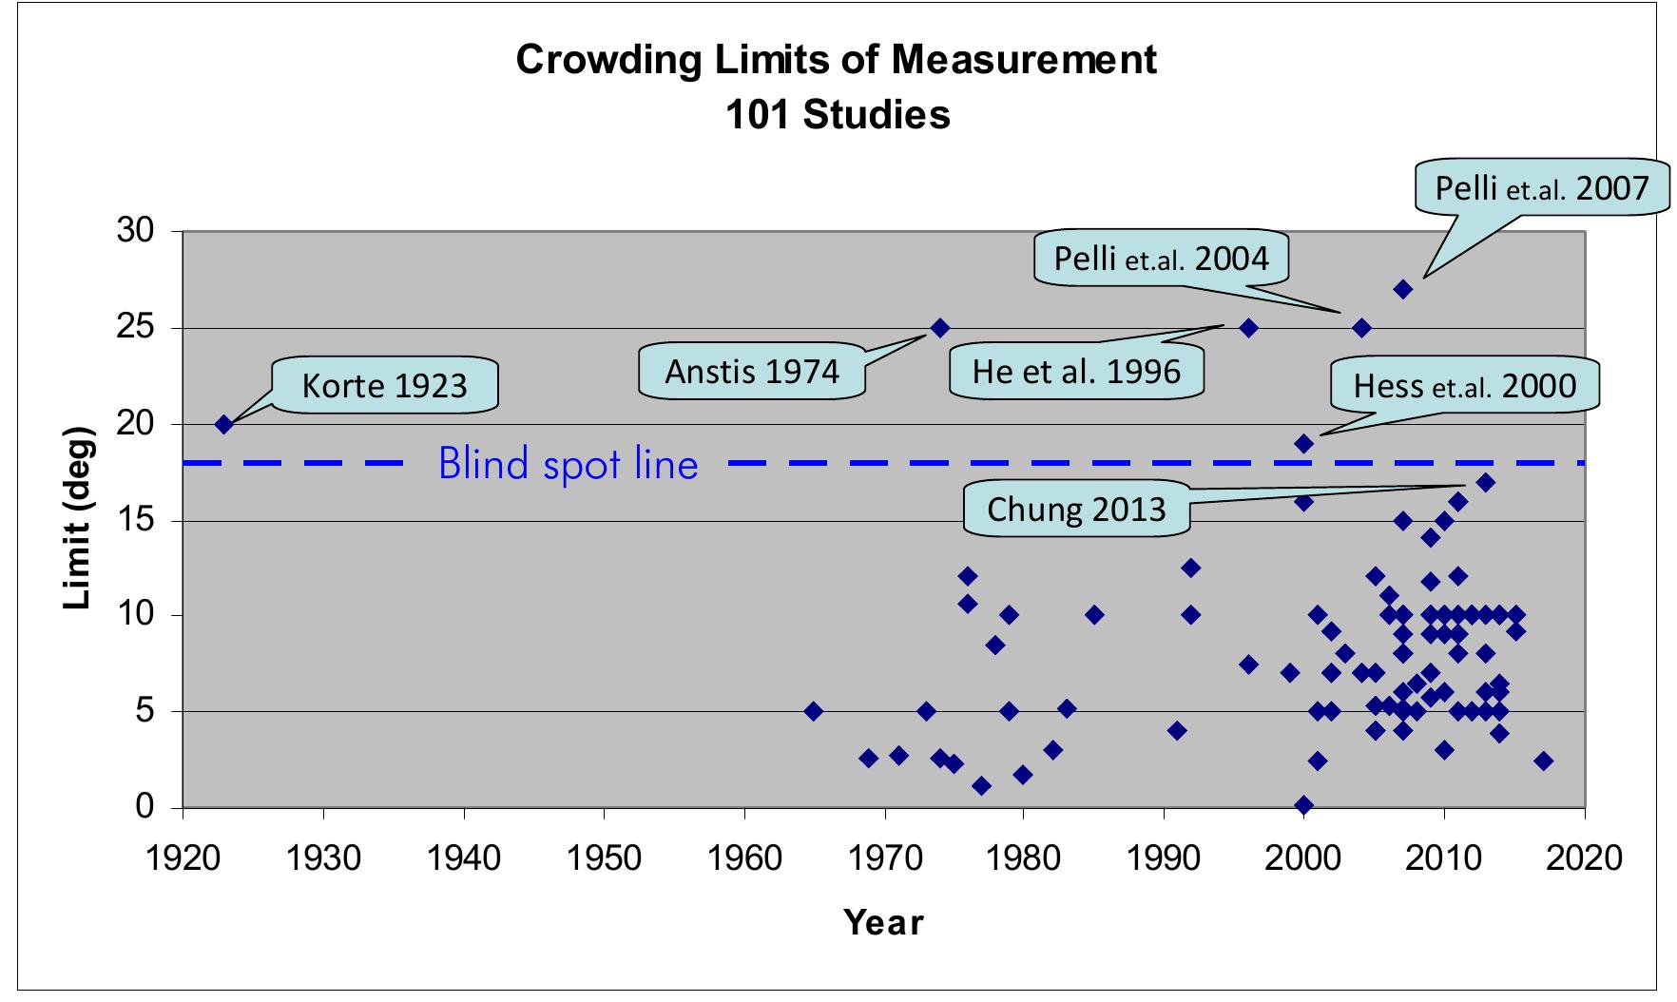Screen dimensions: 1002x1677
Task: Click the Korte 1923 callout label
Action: pos(385,385)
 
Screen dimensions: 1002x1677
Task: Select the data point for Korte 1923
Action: pos(224,425)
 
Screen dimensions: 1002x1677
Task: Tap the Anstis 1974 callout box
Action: pos(752,370)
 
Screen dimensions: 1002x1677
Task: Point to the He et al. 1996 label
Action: pos(1076,370)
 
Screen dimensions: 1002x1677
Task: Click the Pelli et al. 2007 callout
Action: pos(1541,187)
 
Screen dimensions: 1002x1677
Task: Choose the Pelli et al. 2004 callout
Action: pos(1161,257)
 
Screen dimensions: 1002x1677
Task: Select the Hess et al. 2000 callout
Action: pos(1464,385)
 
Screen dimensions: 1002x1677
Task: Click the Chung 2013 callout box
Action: pos(1076,508)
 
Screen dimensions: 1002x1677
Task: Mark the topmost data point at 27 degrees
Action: pos(1402,289)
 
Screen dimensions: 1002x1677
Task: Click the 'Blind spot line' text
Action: pos(568,464)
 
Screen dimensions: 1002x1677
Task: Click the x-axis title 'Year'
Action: pos(883,922)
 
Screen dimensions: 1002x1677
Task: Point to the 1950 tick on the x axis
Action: pos(604,858)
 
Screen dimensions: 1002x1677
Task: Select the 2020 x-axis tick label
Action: pos(1584,858)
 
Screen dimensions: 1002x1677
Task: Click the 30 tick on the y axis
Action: pos(135,232)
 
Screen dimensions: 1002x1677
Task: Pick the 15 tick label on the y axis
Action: pos(135,521)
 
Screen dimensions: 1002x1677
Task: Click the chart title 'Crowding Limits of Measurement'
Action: pos(837,59)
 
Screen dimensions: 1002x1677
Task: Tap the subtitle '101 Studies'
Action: pos(837,115)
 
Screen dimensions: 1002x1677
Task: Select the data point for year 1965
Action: pos(814,711)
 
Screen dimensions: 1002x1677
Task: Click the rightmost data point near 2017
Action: pos(1543,761)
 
